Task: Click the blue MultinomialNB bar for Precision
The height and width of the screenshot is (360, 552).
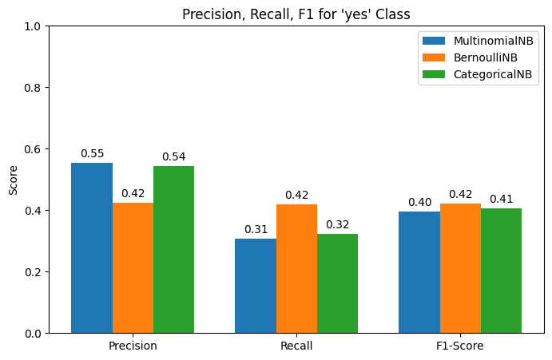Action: point(92,247)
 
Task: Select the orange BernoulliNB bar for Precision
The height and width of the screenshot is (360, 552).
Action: point(133,267)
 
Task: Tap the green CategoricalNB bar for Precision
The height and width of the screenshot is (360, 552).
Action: point(173,249)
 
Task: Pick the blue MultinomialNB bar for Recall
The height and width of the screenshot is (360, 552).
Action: point(256,286)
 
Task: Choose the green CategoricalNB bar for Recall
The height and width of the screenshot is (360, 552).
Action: point(337,283)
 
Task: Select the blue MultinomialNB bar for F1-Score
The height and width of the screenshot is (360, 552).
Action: point(419,272)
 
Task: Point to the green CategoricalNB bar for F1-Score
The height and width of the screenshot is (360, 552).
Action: point(501,271)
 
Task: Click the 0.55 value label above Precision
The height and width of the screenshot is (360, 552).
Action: point(92,154)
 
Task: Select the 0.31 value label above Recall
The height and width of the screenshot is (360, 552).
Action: point(256,230)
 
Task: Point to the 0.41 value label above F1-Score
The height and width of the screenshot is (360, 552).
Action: point(501,200)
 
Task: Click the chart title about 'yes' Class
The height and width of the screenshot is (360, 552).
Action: point(296,14)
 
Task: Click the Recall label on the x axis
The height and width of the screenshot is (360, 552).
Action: point(296,346)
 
